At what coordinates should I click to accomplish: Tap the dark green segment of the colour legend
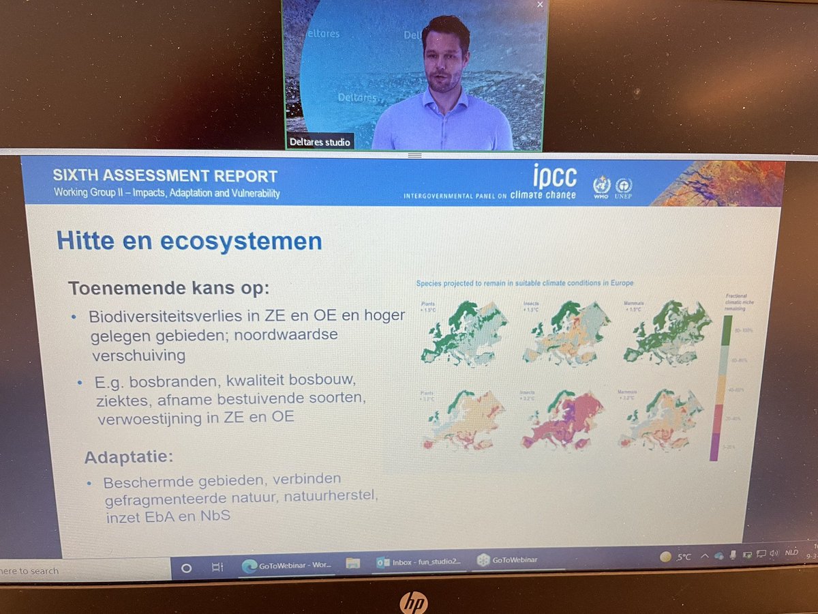[x=727, y=331]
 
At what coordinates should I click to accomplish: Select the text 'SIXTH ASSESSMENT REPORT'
[x=165, y=175]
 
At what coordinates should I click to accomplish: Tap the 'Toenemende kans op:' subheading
[x=168, y=287]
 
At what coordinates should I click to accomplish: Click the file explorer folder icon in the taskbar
[x=352, y=563]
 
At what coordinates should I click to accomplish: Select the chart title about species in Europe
[x=525, y=282]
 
